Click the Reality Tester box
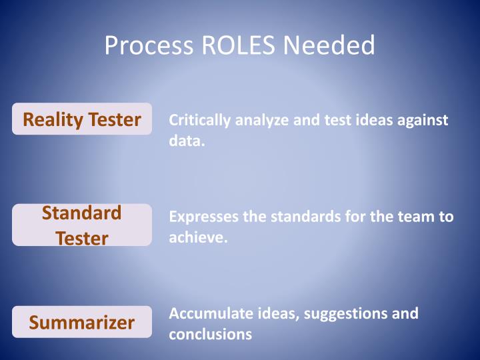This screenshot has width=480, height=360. [82, 119]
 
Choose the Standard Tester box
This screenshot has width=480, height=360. [82, 225]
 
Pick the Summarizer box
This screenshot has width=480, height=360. [82, 323]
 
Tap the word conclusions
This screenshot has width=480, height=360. [210, 334]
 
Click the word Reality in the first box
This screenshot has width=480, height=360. [53, 119]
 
